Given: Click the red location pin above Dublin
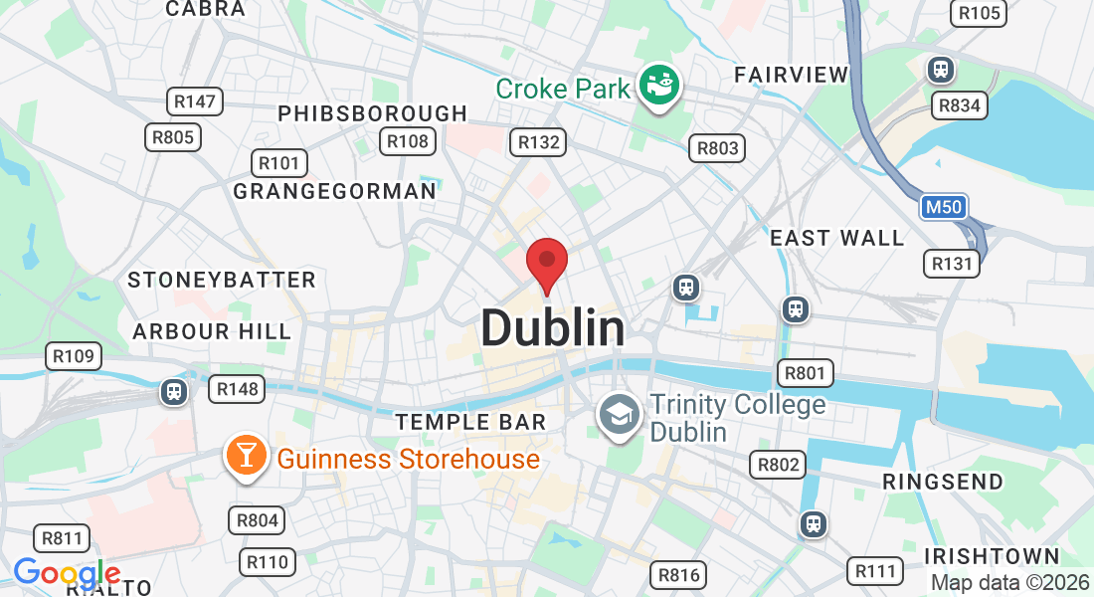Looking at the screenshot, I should tap(546, 262).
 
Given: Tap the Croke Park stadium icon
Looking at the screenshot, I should tap(658, 86).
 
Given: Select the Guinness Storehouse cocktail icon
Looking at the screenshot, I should tap(246, 456).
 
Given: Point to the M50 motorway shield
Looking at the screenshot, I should tap(942, 207).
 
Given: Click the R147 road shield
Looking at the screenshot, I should tap(194, 100).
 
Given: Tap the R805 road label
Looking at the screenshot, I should tap(173, 136).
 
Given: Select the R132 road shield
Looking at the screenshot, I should tap(538, 142).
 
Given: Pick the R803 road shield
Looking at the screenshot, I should tap(717, 148).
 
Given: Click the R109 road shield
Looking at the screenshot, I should tap(73, 356).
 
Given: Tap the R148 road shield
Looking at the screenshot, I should tap(237, 389).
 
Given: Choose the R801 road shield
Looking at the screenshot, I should tap(805, 373).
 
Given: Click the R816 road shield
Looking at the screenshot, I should tap(680, 574).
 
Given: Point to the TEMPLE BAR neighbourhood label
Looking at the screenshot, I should tap(470, 422).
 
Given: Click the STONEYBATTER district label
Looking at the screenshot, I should tap(221, 280).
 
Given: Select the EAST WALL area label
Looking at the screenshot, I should tap(837, 238).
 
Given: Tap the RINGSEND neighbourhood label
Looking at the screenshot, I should tap(944, 482).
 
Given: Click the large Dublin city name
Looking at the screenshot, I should tap(553, 327).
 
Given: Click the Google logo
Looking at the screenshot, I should tap(67, 573).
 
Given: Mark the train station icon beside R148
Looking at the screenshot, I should tap(174, 391).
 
